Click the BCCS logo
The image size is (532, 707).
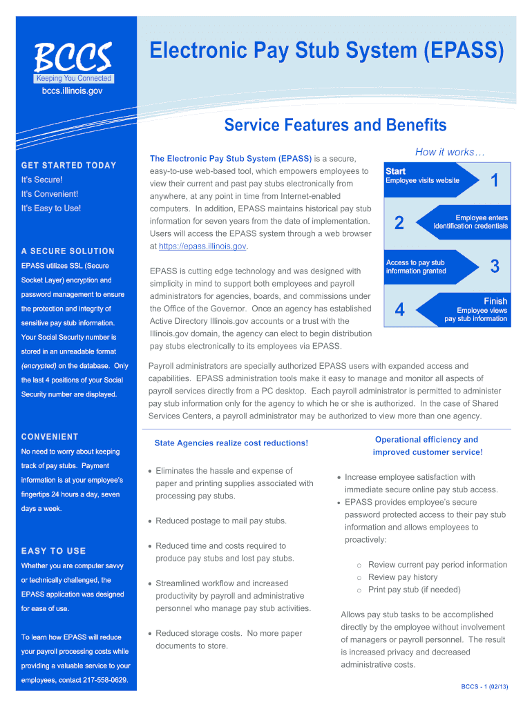tap(73, 62)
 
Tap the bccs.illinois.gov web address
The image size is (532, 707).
tap(72, 91)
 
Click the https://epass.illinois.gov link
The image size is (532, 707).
tap(202, 246)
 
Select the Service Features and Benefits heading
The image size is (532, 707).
tap(335, 125)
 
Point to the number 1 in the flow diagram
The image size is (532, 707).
tap(495, 180)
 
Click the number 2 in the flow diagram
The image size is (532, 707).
tap(399, 223)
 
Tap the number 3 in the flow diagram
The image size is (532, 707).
tap(495, 266)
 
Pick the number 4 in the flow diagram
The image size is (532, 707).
tap(399, 309)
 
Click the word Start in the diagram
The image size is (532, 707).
tap(395, 171)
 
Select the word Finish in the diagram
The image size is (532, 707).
tap(495, 301)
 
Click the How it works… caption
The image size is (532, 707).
tap(450, 153)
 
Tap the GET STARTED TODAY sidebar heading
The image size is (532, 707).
tap(68, 166)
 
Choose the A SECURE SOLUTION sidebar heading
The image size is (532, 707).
tap(68, 251)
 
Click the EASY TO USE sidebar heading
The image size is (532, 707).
tap(53, 551)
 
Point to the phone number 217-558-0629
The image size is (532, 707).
tap(105, 680)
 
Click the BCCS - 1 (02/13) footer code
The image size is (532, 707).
tap(484, 687)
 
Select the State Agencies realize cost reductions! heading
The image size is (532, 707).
tap(231, 443)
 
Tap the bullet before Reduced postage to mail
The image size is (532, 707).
tap(150, 521)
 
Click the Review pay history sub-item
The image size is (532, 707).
tap(403, 577)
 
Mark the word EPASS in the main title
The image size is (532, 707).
tap(464, 50)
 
